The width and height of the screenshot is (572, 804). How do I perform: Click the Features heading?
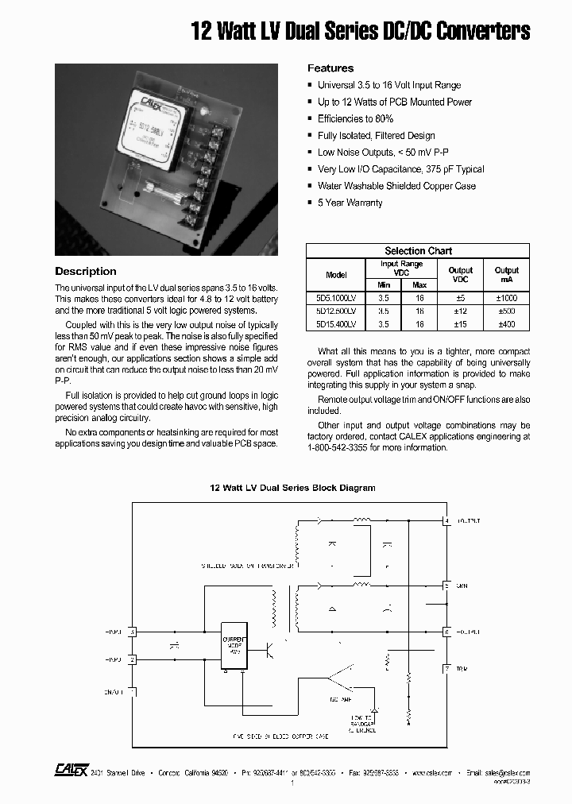(330, 68)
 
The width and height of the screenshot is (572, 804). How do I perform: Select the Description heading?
(85, 271)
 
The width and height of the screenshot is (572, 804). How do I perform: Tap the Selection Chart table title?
(418, 250)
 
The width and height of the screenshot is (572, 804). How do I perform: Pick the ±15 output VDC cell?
(460, 324)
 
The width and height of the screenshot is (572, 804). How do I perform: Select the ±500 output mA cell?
(506, 311)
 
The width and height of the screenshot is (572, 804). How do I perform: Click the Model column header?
(336, 275)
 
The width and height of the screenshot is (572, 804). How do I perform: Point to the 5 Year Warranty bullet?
(350, 203)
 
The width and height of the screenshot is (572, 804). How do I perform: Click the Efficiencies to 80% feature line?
(361, 118)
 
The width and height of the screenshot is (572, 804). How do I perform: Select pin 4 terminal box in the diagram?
(446, 521)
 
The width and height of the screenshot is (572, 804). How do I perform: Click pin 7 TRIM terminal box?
(446, 669)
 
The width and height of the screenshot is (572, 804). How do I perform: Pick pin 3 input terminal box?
(133, 632)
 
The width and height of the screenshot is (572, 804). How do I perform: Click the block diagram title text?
(292, 488)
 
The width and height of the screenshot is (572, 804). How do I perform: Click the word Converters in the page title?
(480, 32)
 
